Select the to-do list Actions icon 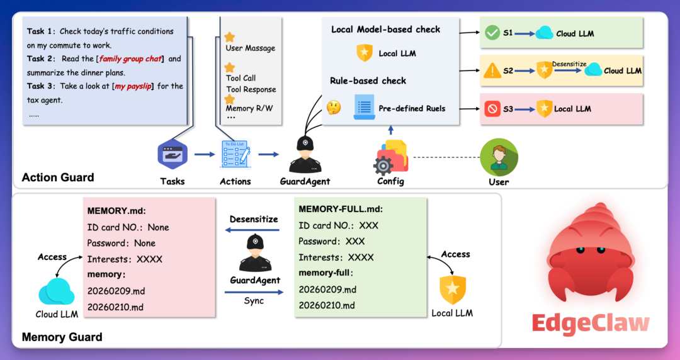click(x=235, y=154)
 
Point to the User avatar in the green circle click(x=499, y=157)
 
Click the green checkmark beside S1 click(x=491, y=33)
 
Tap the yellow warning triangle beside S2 click(x=491, y=71)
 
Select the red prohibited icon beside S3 click(x=491, y=108)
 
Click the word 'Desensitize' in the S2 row click(x=569, y=64)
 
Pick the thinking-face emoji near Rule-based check click(x=334, y=108)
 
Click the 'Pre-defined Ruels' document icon click(x=364, y=108)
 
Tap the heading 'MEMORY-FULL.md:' click(x=341, y=209)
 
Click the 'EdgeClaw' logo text click(x=590, y=323)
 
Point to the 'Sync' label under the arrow click(x=254, y=301)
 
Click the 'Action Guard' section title click(x=58, y=177)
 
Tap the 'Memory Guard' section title click(x=62, y=337)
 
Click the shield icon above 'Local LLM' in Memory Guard click(x=452, y=290)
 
